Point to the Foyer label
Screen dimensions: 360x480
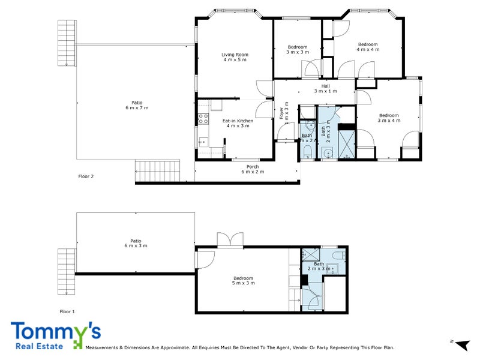[x=281, y=113]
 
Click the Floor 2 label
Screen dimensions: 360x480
[x=86, y=176]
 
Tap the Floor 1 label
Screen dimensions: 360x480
[x=67, y=311]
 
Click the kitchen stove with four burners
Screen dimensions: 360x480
[x=202, y=118]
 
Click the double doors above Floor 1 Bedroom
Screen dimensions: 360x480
[x=229, y=239]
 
